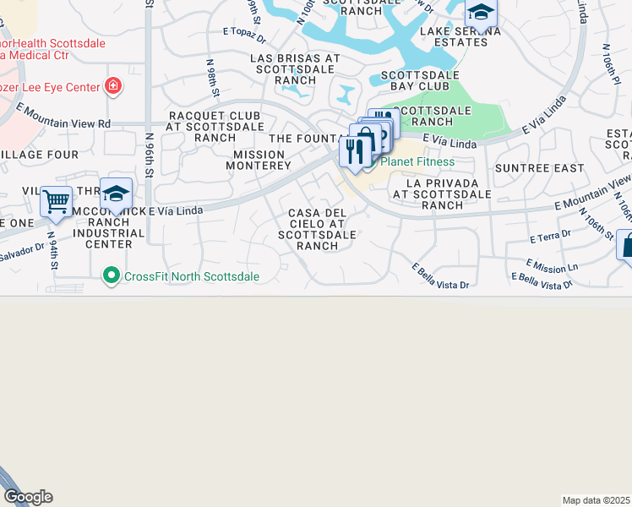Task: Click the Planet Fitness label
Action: [x=417, y=161]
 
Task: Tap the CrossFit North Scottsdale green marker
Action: [x=110, y=275]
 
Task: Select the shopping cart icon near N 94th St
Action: [x=56, y=203]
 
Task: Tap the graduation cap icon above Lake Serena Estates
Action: [x=481, y=12]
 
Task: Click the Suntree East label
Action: [x=539, y=168]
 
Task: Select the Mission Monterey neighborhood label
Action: [x=262, y=161]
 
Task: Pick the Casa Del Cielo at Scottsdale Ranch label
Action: [x=314, y=229]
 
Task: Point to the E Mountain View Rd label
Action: [x=63, y=118]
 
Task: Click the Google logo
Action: [x=28, y=497]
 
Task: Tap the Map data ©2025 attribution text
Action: [x=597, y=499]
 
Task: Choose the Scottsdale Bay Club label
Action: [x=419, y=80]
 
